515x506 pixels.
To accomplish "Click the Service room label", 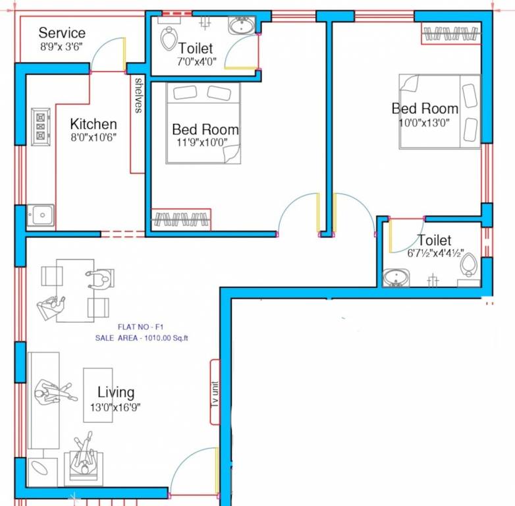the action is tap(62, 33).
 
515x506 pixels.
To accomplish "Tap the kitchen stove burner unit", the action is tap(41, 126).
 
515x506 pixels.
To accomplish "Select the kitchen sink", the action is tap(40, 215).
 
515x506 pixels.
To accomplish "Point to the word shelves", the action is tap(139, 96).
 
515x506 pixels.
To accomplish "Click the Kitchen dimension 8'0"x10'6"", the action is tap(94, 137).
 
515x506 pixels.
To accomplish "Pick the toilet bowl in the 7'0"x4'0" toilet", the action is tap(169, 38).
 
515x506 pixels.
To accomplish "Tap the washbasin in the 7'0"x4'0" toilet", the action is tap(242, 26).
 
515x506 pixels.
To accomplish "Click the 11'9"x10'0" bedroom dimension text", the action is tap(202, 142).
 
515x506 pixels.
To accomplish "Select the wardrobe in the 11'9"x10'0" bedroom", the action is tap(181, 219).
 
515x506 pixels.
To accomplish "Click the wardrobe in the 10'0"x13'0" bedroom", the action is tap(451, 33).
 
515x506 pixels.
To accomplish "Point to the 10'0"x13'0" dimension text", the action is tap(424, 123).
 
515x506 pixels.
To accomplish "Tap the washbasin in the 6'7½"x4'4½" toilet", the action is tap(396, 278).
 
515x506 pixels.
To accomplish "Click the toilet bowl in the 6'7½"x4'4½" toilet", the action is tap(469, 264).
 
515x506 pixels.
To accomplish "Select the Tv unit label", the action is tap(215, 394).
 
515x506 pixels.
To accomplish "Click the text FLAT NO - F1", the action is tap(140, 327).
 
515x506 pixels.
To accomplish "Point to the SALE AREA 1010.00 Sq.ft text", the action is tap(142, 338).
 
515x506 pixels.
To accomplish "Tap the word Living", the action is tap(116, 392).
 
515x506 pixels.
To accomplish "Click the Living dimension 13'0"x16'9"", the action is tap(115, 407).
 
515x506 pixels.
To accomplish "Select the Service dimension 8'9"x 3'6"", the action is tap(61, 46).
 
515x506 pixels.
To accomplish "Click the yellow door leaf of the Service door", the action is tap(124, 55).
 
